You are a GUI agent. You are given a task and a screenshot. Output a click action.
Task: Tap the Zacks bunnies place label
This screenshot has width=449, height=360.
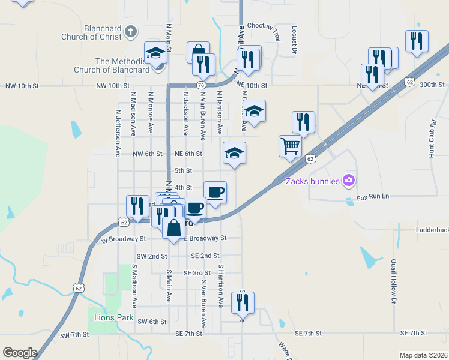[x=312, y=181]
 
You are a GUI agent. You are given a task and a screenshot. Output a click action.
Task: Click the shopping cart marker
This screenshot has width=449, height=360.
[x=290, y=146]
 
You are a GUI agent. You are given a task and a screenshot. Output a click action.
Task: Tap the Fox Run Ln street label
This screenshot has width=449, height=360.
[x=373, y=197]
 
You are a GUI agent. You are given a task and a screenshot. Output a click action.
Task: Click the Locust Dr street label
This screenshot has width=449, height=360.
[x=295, y=40]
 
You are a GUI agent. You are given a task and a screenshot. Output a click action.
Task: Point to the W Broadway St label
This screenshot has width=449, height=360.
[x=124, y=239]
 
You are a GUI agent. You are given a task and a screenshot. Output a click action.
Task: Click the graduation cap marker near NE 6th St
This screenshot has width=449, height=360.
[x=235, y=152]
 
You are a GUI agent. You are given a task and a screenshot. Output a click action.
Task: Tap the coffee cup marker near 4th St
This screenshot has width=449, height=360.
[x=215, y=192]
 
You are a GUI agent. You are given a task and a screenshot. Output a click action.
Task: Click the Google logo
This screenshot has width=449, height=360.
[x=19, y=353]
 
